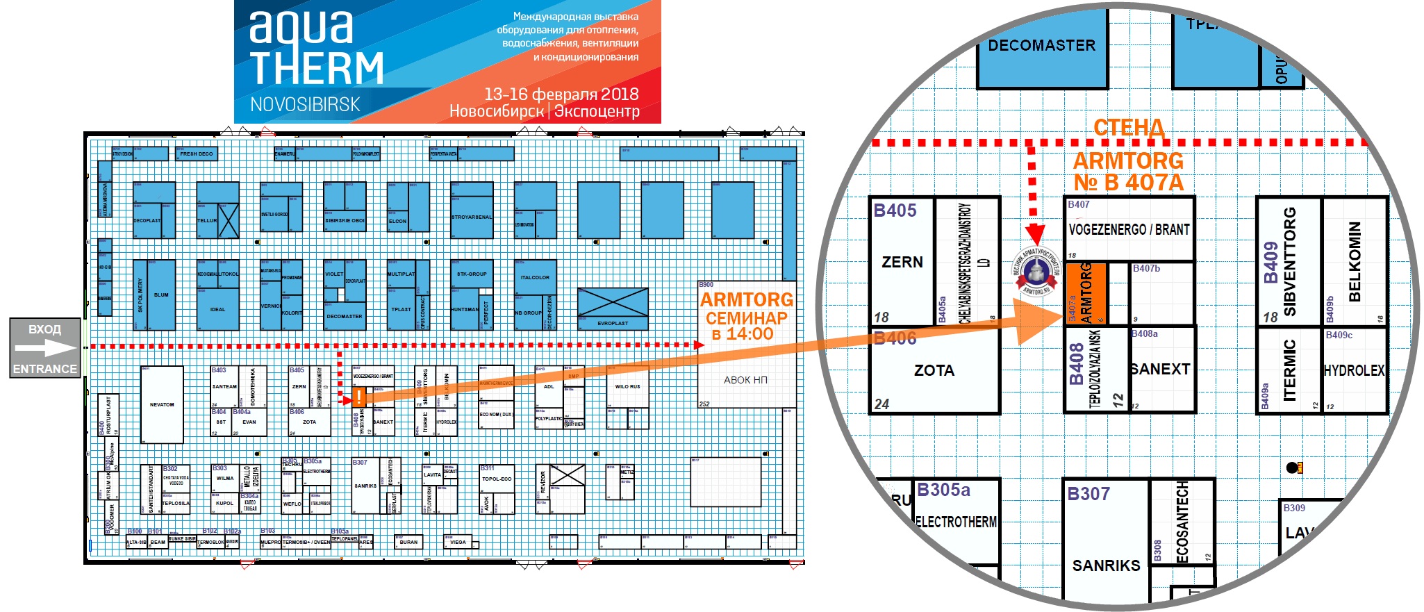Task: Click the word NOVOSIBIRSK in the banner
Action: (305, 105)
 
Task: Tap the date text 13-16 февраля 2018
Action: (561, 94)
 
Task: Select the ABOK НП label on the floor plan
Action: (745, 380)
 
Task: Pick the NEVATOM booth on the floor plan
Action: (162, 404)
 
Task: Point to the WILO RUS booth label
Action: (627, 386)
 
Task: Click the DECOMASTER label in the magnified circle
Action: (1041, 46)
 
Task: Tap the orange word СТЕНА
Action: (1128, 128)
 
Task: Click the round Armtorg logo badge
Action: (1036, 272)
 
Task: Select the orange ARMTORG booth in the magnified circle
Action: (1086, 293)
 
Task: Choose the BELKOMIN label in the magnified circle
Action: (1354, 261)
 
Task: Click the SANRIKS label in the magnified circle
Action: (1106, 565)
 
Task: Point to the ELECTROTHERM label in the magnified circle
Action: (956, 522)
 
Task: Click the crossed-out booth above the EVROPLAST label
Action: (612, 303)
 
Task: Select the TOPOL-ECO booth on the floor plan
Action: (497, 479)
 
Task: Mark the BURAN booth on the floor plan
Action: (408, 543)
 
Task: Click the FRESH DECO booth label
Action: (197, 154)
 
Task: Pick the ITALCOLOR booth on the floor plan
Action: (535, 277)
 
